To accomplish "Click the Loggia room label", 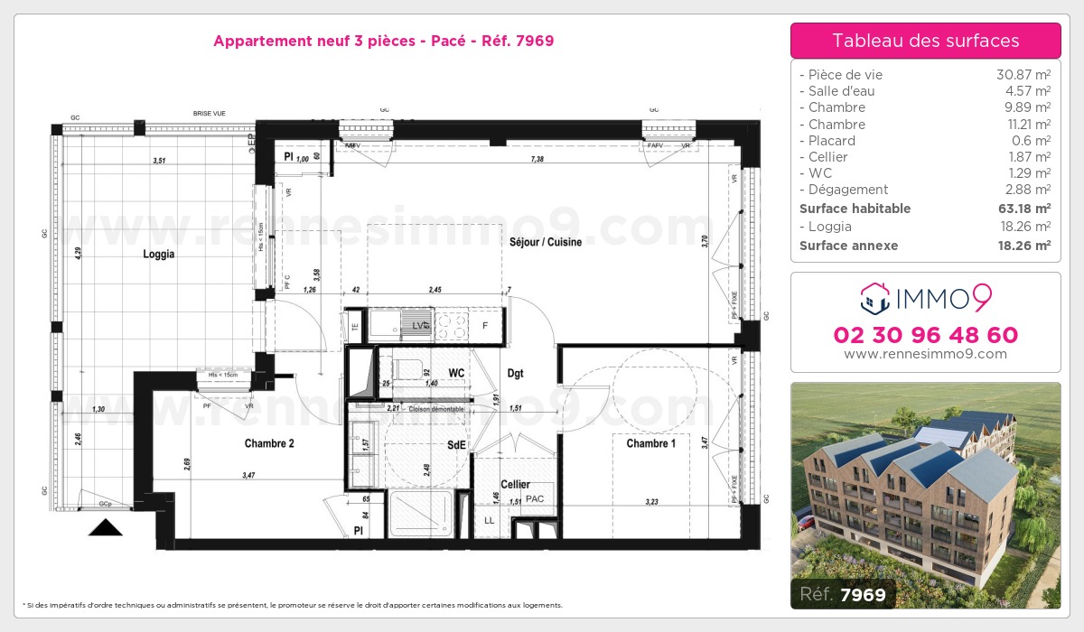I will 158,255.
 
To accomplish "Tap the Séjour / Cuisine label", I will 546,242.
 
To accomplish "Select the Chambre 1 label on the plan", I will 650,443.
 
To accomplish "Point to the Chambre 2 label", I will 269,443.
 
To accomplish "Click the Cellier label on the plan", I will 515,485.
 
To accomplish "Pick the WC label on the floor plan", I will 456,372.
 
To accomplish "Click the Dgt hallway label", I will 515,373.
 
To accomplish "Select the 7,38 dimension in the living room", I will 537,159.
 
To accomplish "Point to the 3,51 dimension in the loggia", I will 159,161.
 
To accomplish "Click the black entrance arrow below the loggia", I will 105,528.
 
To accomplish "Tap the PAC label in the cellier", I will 535,498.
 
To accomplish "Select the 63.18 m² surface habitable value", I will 1023,209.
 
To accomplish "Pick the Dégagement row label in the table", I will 848,190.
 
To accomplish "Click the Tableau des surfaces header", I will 925,41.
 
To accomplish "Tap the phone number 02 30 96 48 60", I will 925,335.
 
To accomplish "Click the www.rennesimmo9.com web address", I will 925,354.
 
